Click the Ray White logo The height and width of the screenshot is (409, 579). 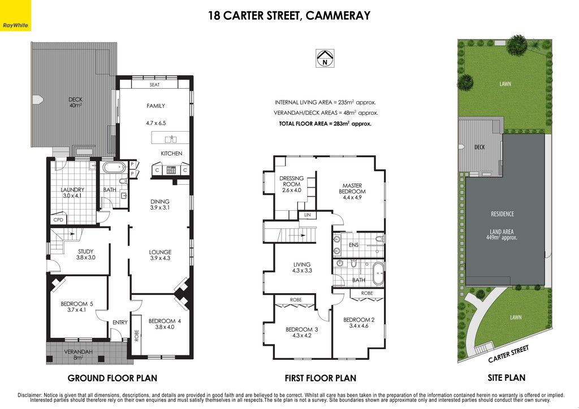pos(15,15)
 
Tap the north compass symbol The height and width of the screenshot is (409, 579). pos(325,58)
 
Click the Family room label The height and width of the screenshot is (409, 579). pos(156,106)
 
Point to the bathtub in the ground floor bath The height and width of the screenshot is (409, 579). pos(114,167)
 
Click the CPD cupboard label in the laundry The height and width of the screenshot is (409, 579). pos(58,220)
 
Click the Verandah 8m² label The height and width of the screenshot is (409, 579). pos(78,354)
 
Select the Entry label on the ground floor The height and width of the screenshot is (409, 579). pos(120,323)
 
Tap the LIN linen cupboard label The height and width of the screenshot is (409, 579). pos(308,215)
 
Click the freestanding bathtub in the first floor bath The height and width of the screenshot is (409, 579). pos(378,273)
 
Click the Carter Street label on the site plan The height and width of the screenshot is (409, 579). pos(508,354)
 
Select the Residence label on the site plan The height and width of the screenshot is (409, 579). pos(502,214)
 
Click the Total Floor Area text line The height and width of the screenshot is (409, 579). pos(325,124)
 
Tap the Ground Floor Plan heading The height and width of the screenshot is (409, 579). pos(113,378)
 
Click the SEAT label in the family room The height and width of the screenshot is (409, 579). pos(155,85)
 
